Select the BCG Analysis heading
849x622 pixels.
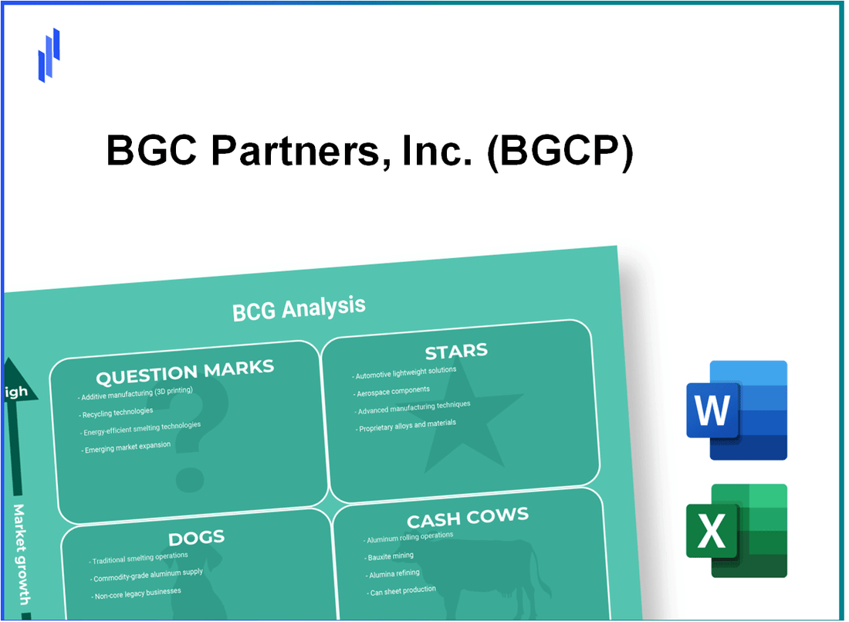(299, 308)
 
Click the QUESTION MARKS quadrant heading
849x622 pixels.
(184, 372)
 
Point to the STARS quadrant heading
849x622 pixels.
(456, 352)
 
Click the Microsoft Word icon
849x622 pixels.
(736, 410)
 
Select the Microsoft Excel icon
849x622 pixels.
(736, 531)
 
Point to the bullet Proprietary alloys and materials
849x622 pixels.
(408, 425)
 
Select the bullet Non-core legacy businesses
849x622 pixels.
(137, 592)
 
